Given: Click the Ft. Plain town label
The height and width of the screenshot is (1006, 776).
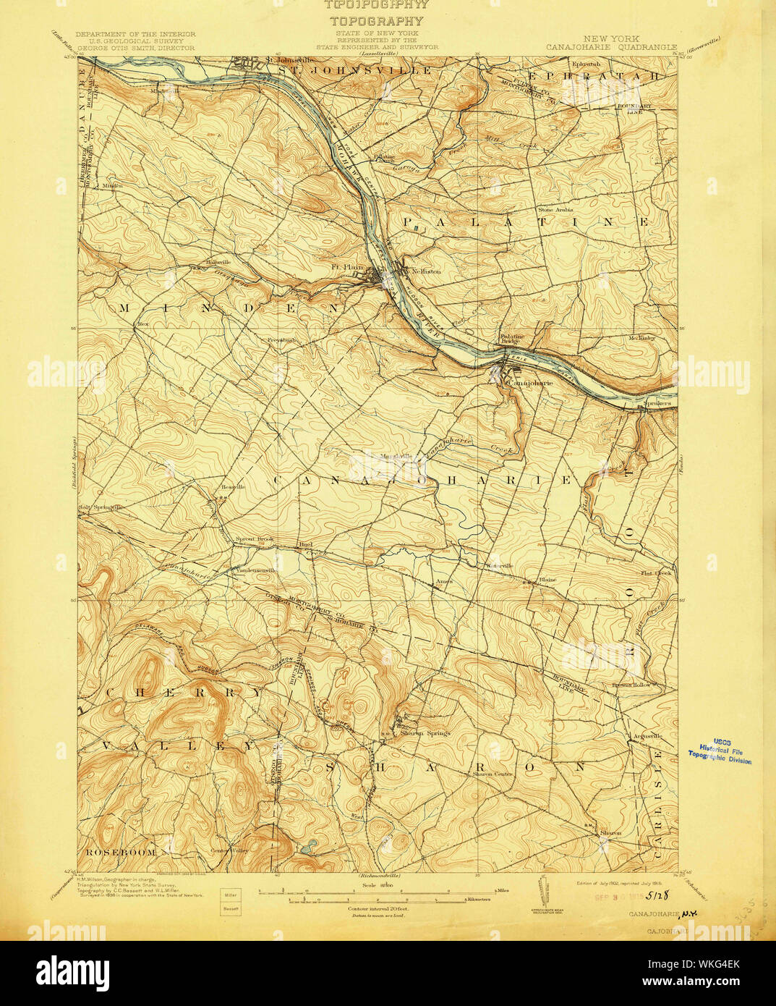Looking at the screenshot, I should (x=347, y=266).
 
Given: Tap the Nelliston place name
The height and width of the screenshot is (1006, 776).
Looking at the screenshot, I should (x=426, y=271).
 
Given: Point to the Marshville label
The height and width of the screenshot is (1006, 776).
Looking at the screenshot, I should (x=396, y=457).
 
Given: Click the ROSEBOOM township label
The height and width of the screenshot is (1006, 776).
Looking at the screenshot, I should (x=119, y=852).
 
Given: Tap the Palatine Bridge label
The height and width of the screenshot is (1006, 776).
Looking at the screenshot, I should (x=512, y=339).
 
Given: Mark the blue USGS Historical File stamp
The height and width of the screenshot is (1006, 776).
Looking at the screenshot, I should (x=720, y=753).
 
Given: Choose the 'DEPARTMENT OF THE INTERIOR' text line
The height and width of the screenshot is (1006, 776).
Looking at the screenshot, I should (x=135, y=34).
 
